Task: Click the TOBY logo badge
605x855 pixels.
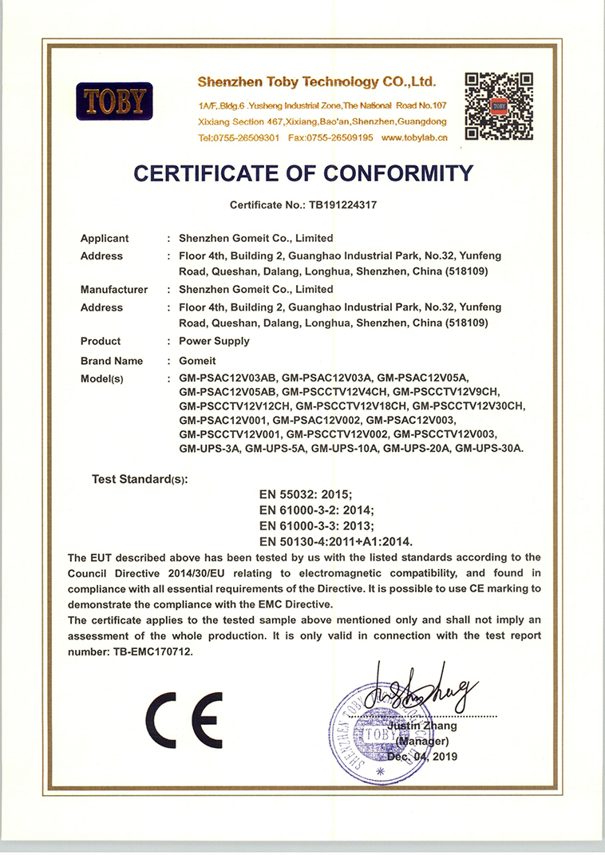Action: tap(114, 101)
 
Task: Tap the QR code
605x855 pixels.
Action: tap(499, 105)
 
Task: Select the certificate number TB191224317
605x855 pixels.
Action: tap(338, 204)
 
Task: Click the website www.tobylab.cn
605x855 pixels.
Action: tap(414, 137)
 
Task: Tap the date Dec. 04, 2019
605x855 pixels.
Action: tap(422, 756)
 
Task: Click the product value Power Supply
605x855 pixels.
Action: tap(215, 341)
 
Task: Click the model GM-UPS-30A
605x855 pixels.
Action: tap(489, 449)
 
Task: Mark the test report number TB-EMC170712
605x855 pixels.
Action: tap(148, 651)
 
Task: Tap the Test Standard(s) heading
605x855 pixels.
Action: tap(140, 480)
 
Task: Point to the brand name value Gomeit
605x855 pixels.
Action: tap(197, 361)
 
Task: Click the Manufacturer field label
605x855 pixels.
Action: tap(113, 290)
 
